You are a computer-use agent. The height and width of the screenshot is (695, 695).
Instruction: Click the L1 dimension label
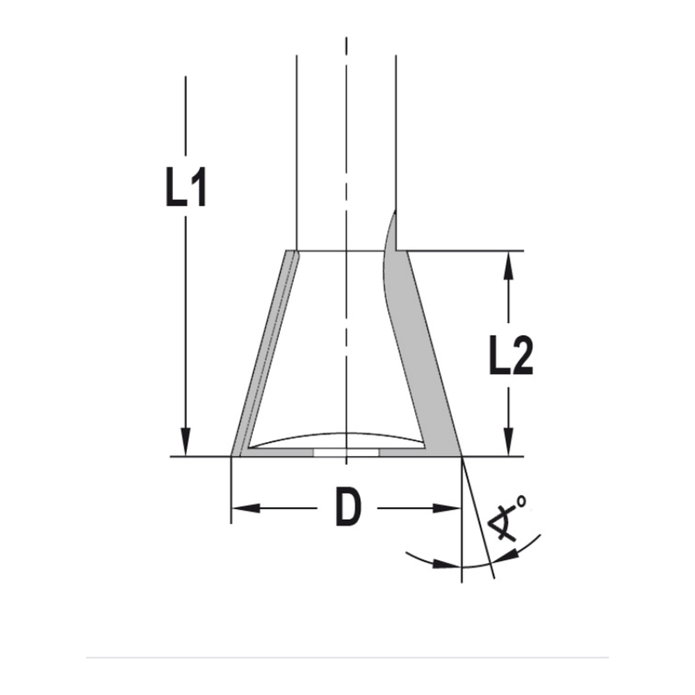[x=186, y=186]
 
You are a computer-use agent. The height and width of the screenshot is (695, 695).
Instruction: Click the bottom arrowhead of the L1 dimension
[x=186, y=442]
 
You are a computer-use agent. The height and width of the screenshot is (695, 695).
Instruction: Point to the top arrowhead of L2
[x=510, y=264]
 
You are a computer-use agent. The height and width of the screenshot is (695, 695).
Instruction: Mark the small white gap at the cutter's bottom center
[x=345, y=452]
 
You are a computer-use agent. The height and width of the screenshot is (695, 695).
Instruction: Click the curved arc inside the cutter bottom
[x=334, y=437]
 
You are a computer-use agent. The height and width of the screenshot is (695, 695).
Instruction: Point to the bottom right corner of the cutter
[x=461, y=456]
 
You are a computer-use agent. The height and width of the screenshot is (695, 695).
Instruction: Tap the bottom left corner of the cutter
[x=231, y=456]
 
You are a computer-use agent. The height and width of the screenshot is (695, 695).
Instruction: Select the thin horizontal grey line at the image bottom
[x=347, y=657]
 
